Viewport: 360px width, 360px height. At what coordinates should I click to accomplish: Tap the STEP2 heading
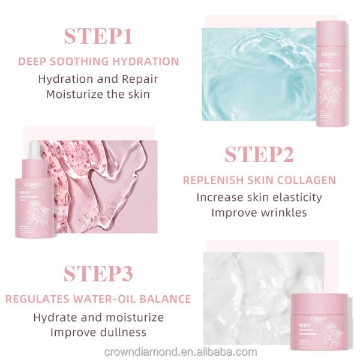(x=259, y=154)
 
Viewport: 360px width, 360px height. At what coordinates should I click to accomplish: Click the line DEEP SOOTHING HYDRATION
(x=98, y=61)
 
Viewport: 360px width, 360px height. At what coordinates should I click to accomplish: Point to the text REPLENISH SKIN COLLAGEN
(x=259, y=180)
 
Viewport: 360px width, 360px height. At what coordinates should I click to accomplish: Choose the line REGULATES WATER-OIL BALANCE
(x=98, y=299)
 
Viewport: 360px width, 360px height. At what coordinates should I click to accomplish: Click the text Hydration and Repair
(x=98, y=78)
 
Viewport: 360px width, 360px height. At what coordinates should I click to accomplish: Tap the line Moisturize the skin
(x=98, y=94)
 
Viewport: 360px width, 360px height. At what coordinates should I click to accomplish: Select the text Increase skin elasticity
(x=259, y=197)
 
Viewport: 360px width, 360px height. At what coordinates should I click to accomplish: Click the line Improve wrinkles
(x=259, y=212)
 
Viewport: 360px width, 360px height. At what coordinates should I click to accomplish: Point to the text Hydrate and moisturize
(x=98, y=316)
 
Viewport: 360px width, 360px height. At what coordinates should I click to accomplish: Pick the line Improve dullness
(x=98, y=331)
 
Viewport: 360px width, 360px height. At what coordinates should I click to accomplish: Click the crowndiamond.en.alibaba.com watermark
(x=180, y=352)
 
